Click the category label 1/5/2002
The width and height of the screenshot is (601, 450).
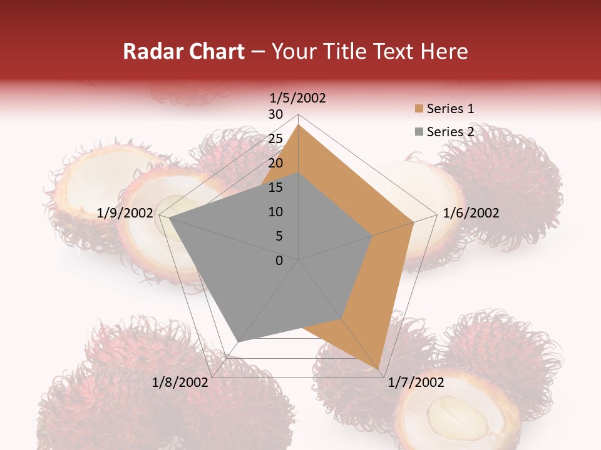pyautogui.click(x=298, y=98)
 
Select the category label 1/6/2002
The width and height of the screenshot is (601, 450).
pyautogui.click(x=471, y=213)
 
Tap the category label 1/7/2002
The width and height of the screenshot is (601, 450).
pyautogui.click(x=416, y=382)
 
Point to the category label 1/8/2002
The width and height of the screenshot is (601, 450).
pyautogui.click(x=180, y=382)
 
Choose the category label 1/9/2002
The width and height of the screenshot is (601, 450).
pyautogui.click(x=125, y=213)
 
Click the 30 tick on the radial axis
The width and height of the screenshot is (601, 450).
pyautogui.click(x=275, y=114)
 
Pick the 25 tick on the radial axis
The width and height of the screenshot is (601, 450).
pyautogui.click(x=275, y=139)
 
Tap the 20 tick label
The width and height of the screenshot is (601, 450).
pyautogui.click(x=275, y=163)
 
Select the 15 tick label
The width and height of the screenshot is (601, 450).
pyautogui.click(x=275, y=187)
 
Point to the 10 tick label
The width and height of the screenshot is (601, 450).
pyautogui.click(x=275, y=212)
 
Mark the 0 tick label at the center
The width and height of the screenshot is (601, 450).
pyautogui.click(x=279, y=261)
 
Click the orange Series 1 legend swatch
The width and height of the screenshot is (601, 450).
pyautogui.click(x=419, y=109)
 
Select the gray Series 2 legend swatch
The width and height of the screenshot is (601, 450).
pyautogui.click(x=419, y=132)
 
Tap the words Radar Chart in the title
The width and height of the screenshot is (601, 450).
pyautogui.click(x=183, y=51)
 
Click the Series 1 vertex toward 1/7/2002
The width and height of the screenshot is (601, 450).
pyautogui.click(x=379, y=368)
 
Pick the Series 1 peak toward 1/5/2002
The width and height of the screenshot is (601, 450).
pyautogui.click(x=299, y=125)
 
